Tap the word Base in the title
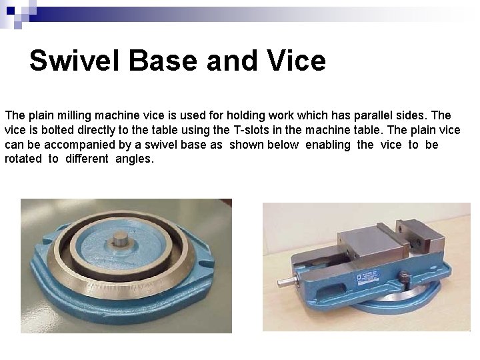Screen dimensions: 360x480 tap(163, 61)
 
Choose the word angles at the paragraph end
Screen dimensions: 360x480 tap(134, 159)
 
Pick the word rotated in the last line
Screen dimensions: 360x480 tap(23, 159)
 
